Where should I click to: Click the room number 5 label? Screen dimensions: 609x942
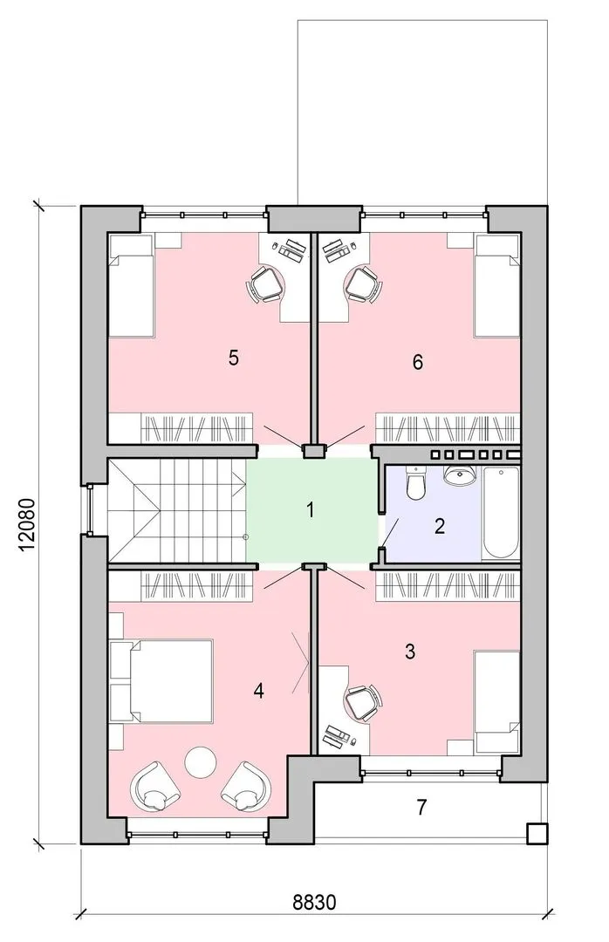[234, 358]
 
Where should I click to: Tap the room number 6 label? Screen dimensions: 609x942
[418, 362]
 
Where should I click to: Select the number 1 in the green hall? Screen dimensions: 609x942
[311, 510]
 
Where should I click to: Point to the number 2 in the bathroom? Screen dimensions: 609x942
[440, 526]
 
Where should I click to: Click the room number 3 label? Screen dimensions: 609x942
[410, 652]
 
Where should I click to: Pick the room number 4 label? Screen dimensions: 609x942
[258, 692]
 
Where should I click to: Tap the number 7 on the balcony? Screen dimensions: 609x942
[421, 807]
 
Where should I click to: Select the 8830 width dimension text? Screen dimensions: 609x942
[314, 902]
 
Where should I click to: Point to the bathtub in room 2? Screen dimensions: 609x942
[501, 513]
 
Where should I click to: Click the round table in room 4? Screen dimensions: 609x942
[200, 761]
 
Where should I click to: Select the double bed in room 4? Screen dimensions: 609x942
[161, 681]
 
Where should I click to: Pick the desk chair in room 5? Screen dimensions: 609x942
[265, 283]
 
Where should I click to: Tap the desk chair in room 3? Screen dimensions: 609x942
[363, 701]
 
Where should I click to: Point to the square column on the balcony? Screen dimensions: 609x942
[537, 833]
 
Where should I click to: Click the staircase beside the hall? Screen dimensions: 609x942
[177, 511]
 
